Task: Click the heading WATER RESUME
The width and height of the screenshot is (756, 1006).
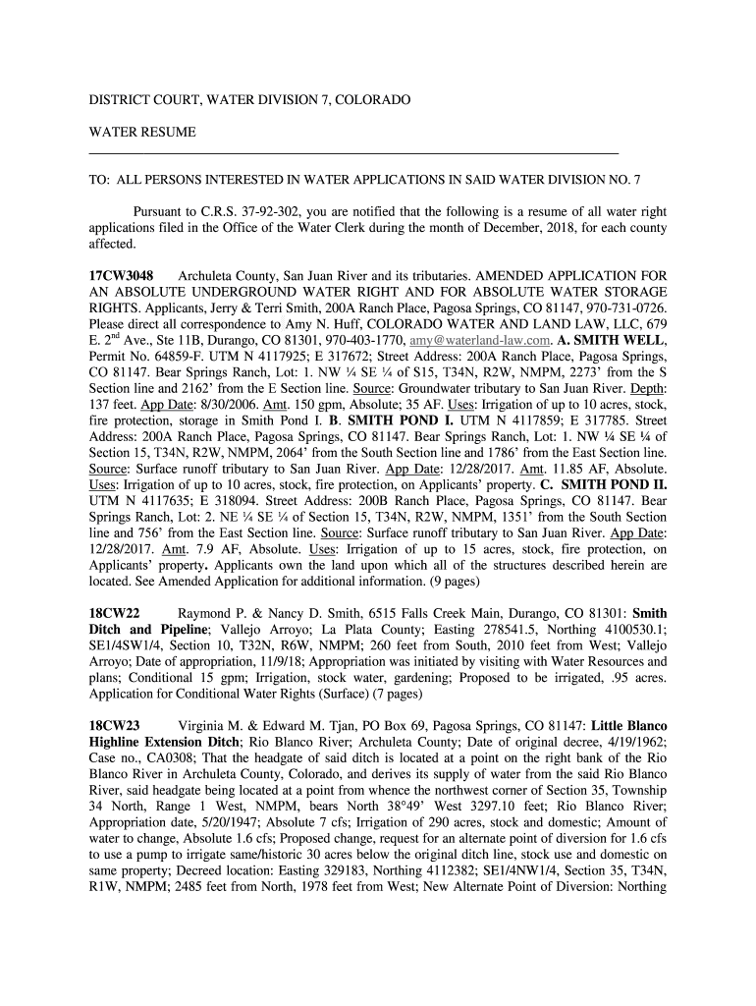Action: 142,132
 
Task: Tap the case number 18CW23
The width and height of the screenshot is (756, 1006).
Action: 113,726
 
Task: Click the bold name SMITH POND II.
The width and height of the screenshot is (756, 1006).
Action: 614,484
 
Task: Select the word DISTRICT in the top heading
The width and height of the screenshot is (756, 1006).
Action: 125,100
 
